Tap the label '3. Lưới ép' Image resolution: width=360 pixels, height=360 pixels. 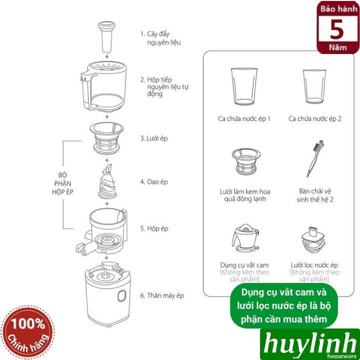[154, 138]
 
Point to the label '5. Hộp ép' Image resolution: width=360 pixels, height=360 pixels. [154, 228]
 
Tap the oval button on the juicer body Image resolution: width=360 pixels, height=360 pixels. [121, 297]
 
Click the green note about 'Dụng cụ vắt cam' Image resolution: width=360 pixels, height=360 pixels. [283, 305]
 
